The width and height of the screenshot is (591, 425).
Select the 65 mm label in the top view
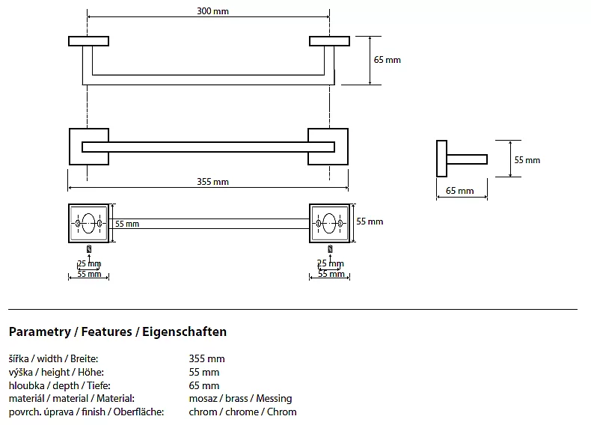point(388,60)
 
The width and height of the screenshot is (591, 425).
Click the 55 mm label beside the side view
point(527,160)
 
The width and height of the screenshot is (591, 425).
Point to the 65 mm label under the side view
point(460,191)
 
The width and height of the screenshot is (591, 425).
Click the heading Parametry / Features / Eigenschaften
point(117,331)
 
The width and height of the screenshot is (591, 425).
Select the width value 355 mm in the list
point(207,359)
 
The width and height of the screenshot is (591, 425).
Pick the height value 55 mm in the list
point(204,373)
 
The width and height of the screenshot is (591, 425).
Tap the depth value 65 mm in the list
point(204,385)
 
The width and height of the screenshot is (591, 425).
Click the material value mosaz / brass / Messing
point(240,399)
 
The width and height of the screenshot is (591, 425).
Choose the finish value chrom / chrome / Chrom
point(242,412)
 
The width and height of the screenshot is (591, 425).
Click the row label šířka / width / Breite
point(53,359)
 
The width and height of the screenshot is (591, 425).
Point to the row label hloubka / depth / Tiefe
point(54,385)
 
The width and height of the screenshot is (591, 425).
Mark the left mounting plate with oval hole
point(88,223)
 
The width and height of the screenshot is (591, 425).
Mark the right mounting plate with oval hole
point(330,223)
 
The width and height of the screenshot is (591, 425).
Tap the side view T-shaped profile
point(459,159)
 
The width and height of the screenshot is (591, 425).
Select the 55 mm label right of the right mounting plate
point(370,221)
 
